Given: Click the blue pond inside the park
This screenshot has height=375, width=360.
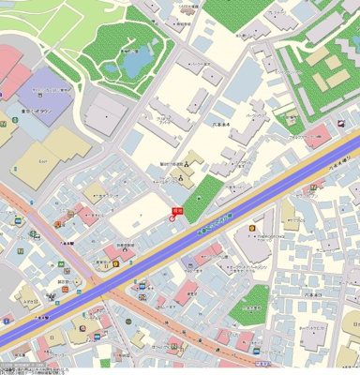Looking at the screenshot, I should [136, 62].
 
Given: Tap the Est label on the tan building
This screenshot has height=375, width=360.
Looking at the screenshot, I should [43, 160].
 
